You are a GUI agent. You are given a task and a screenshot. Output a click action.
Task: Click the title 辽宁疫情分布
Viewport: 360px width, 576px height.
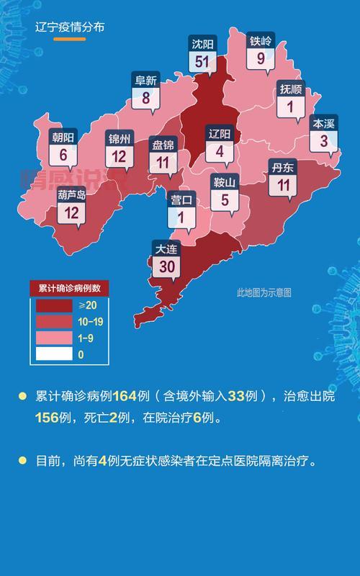tap(70, 27)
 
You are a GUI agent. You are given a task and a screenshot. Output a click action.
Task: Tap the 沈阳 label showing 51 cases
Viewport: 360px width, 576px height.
tap(202, 55)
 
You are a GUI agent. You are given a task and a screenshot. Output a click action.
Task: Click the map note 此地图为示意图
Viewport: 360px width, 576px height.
tap(264, 292)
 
